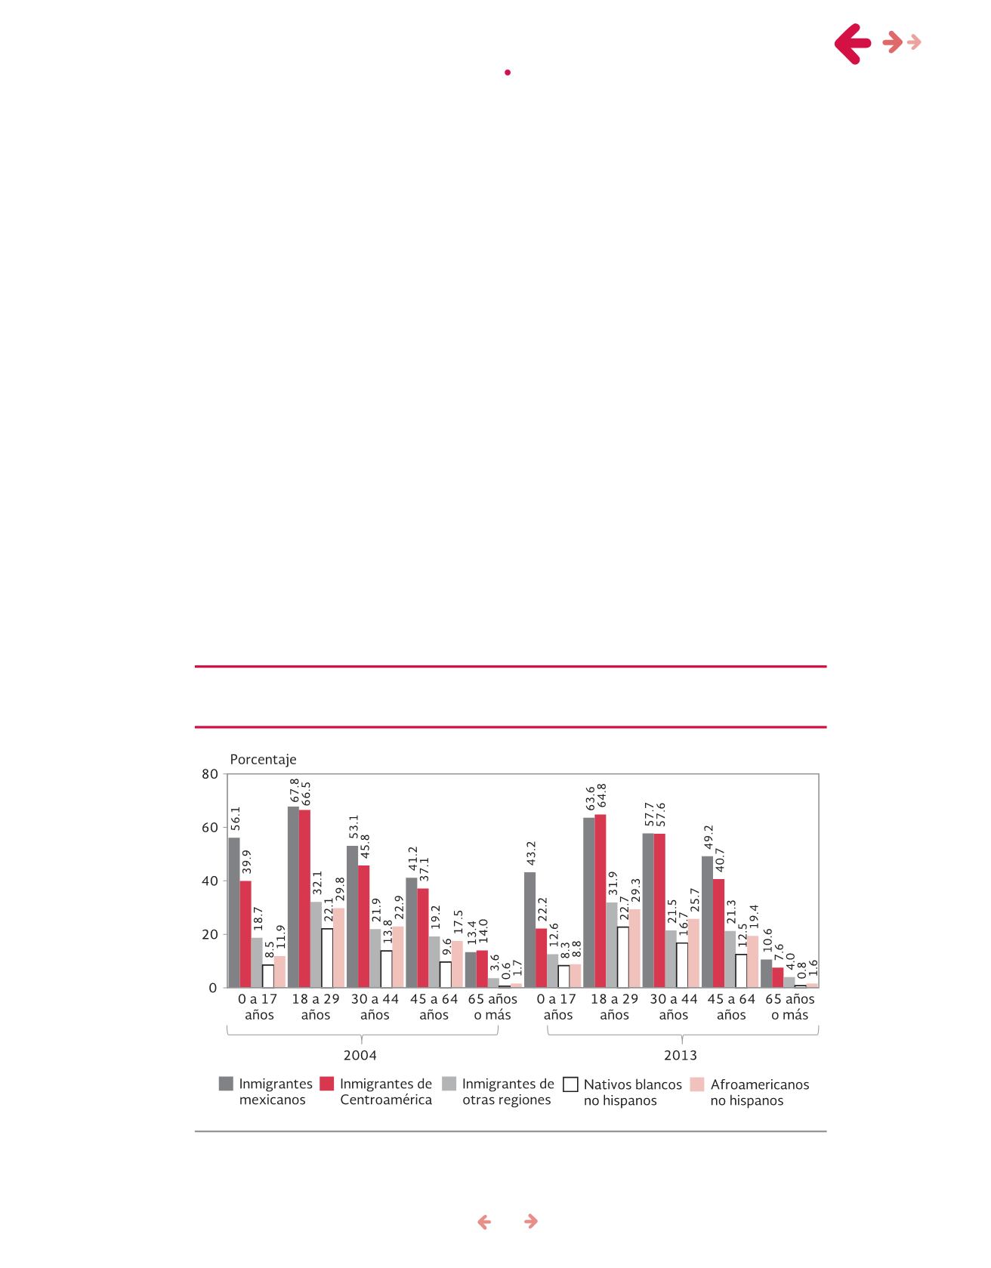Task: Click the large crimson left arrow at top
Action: [x=854, y=43]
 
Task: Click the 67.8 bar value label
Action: [x=295, y=791]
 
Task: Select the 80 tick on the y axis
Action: [x=210, y=774]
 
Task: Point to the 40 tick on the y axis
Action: [x=210, y=881]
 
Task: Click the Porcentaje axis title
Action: [x=263, y=759]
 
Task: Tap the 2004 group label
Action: [x=360, y=1054]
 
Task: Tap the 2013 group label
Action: [x=681, y=1054]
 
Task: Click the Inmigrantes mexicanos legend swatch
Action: [x=226, y=1084]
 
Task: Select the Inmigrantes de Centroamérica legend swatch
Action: [x=326, y=1084]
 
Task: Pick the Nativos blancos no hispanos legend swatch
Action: [x=571, y=1084]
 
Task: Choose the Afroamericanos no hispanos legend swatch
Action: [x=697, y=1084]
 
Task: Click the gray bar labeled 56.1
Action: [x=234, y=912]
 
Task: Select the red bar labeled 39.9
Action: [x=245, y=934]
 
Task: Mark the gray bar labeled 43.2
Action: [x=530, y=930]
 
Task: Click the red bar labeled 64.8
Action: [x=600, y=901]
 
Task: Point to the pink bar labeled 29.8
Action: [x=339, y=948]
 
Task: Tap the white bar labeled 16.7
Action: [x=682, y=965]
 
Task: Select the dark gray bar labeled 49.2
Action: [x=707, y=921]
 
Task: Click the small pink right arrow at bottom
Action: [x=531, y=1221]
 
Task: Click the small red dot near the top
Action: [x=508, y=73]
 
